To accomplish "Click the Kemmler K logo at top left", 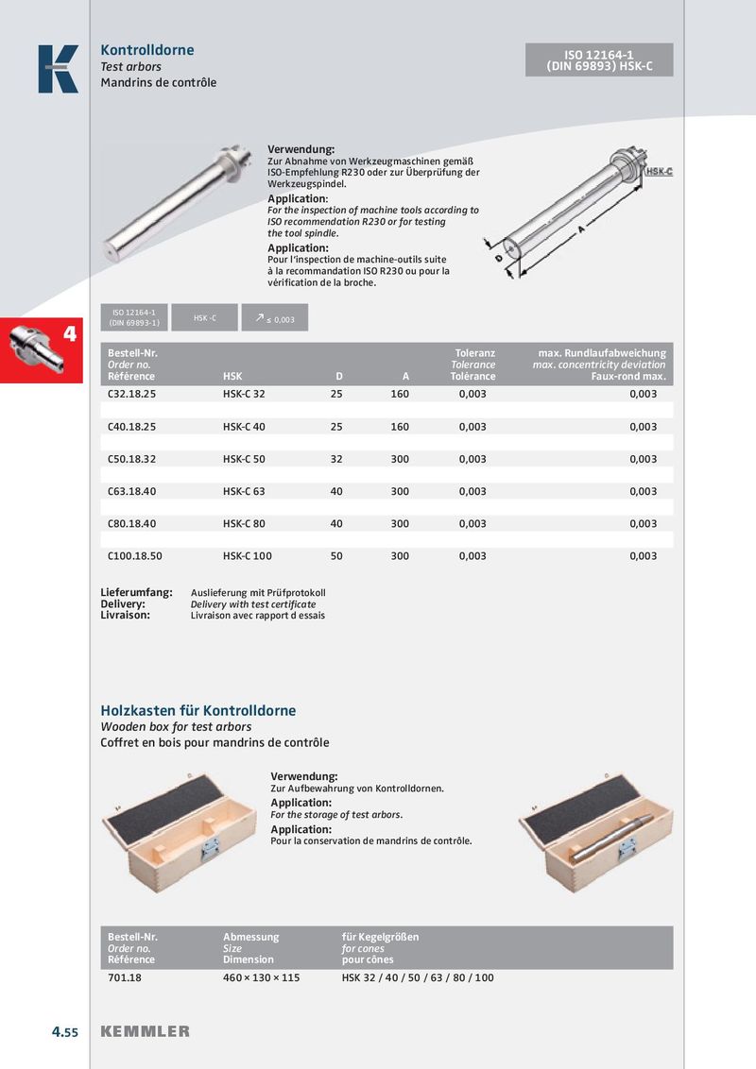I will [58, 69].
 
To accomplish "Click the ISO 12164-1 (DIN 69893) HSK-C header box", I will [599, 59].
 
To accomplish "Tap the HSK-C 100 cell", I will [248, 556].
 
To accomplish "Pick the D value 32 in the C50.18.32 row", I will [336, 459].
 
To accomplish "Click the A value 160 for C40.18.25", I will [400, 427].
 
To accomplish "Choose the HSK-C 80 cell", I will [244, 524].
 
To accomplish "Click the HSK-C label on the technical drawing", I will [659, 172].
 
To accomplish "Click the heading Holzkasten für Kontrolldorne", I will [198, 710].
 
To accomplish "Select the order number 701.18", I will [125, 977].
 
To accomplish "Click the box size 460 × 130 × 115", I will [261, 977].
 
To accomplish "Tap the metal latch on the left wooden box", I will [210, 847].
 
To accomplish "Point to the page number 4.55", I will [65, 1032].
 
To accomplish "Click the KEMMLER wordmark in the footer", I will [145, 1031].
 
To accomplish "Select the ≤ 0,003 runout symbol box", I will [275, 319].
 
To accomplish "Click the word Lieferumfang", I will [137, 593].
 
